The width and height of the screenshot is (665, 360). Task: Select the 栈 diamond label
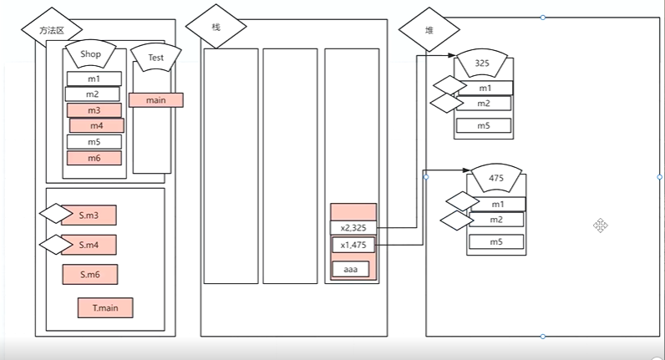point(216,28)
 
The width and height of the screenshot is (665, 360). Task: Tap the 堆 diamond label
point(429,31)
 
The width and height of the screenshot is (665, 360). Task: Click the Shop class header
point(90,55)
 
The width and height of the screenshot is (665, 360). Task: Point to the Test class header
point(156,58)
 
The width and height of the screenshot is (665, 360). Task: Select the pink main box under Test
point(155,100)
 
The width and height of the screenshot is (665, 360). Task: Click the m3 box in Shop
point(94,110)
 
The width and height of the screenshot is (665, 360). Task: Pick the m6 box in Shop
point(94,158)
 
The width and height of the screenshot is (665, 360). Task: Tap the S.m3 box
point(89,215)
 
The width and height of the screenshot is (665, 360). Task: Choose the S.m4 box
point(89,245)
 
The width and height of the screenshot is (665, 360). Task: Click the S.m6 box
point(89,274)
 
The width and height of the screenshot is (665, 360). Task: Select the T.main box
point(105,307)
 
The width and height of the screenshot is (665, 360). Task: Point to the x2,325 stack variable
point(353,227)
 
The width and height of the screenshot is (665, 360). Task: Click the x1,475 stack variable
point(353,245)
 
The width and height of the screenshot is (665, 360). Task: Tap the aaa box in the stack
point(350,270)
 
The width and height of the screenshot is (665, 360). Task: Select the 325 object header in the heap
point(481,63)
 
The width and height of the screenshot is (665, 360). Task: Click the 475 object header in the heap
point(497,180)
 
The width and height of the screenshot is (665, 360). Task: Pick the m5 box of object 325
point(484,126)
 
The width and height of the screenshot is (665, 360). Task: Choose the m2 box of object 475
point(497,220)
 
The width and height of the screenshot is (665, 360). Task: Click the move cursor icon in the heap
point(600,225)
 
